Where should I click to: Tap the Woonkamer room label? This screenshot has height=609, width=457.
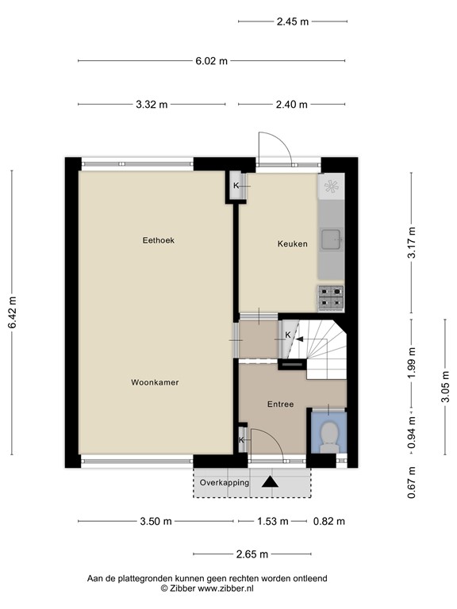(155, 382)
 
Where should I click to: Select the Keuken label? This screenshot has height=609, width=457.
(292, 243)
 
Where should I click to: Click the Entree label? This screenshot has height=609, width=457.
(280, 404)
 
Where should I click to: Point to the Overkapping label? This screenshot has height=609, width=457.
(225, 482)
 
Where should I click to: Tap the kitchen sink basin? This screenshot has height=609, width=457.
(331, 238)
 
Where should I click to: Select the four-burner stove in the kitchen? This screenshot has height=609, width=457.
(332, 297)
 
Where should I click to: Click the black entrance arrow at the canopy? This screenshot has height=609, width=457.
(271, 481)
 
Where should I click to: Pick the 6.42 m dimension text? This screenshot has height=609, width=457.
(12, 313)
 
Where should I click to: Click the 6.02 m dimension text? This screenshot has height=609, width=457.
(213, 60)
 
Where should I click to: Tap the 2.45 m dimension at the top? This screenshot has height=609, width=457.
(292, 22)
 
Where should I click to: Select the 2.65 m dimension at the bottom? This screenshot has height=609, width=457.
(252, 554)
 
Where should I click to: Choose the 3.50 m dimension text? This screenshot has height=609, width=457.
(156, 521)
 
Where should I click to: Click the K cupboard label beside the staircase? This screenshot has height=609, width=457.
(288, 335)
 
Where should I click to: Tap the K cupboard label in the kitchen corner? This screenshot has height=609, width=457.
(236, 186)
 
